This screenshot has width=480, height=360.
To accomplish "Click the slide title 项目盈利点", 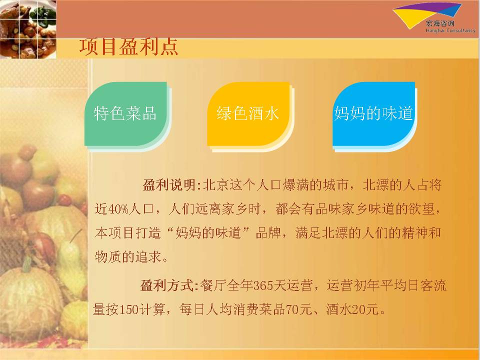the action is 128,47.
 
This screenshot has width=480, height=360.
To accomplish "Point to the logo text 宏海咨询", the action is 440,23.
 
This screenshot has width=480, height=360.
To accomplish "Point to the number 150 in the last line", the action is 128,309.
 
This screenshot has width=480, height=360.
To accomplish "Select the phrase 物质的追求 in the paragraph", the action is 128,256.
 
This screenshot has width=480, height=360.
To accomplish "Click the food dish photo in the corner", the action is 28,29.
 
